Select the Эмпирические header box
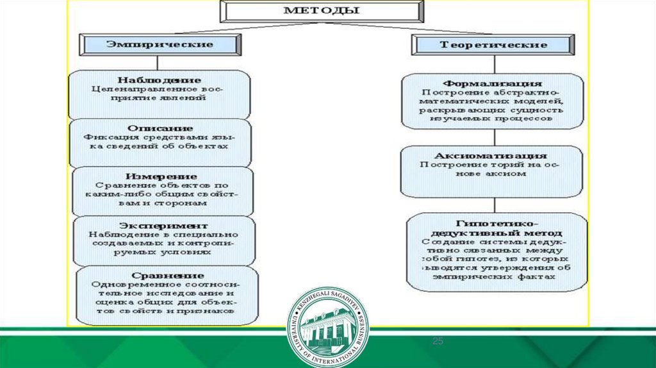click(x=160, y=45)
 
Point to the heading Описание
click(x=157, y=128)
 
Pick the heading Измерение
click(x=161, y=176)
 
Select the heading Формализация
click(x=493, y=83)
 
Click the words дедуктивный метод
click(x=496, y=232)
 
